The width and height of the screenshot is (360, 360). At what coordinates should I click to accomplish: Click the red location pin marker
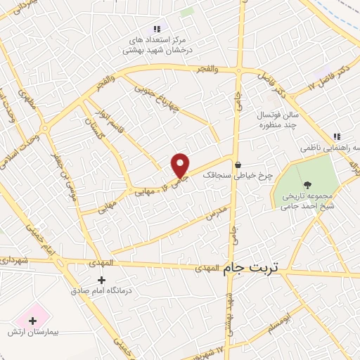(181, 165)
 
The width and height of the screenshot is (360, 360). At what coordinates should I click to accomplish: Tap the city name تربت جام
(251, 268)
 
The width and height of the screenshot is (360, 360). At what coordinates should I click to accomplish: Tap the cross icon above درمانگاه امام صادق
(102, 280)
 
